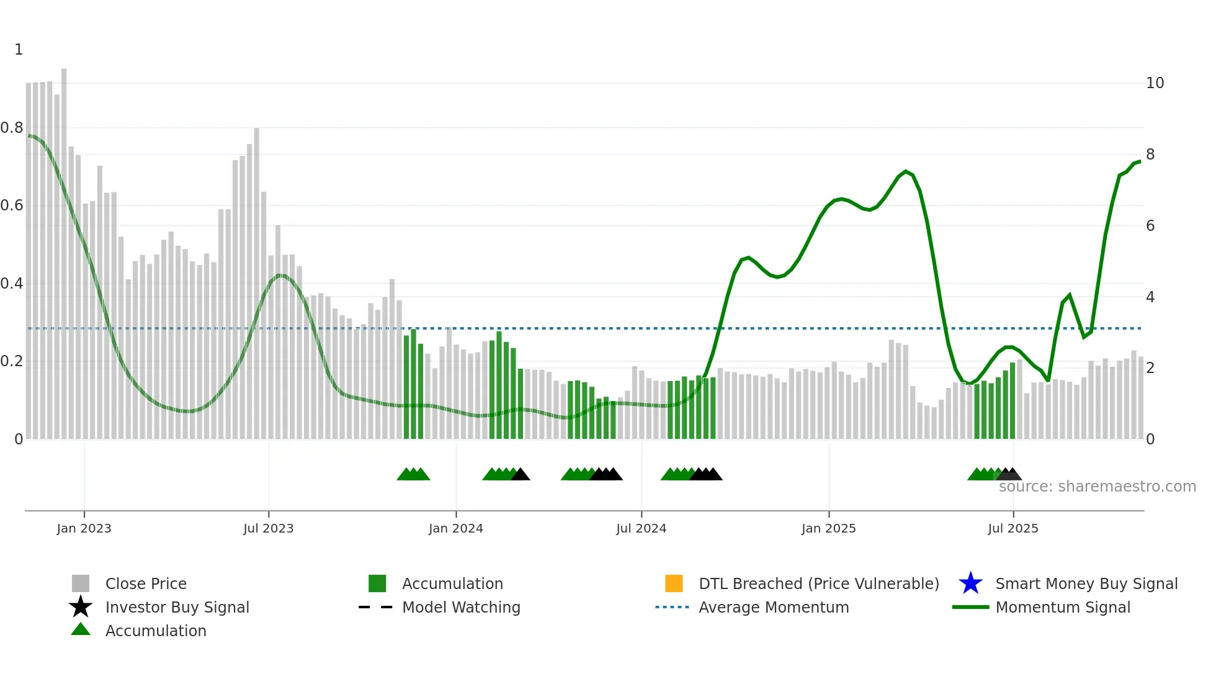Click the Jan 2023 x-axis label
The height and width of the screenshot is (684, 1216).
[x=84, y=528]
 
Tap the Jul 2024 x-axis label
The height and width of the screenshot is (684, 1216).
[x=641, y=528]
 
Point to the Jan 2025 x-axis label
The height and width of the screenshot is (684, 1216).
[x=828, y=528]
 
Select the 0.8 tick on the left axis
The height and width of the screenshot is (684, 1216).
[x=12, y=128]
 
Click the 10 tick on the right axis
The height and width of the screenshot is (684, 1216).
[x=1155, y=83]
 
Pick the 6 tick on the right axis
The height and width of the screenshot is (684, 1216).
[x=1150, y=226]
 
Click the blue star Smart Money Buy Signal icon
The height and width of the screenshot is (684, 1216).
[x=970, y=583]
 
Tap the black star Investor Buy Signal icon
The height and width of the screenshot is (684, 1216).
[x=81, y=607]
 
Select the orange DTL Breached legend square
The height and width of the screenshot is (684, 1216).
[x=674, y=583]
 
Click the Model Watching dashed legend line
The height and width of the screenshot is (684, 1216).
[x=375, y=607]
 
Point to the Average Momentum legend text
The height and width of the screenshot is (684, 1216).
[x=774, y=607]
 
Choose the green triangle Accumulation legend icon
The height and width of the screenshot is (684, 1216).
[x=81, y=629]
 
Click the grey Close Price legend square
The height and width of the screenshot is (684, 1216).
[x=81, y=583]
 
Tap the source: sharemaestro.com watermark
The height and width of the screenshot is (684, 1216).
[x=1097, y=487]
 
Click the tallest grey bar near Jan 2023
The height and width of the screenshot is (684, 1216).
[x=64, y=248]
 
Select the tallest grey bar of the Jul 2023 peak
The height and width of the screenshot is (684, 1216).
[x=256, y=279]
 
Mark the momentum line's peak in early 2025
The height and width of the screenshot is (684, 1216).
[x=906, y=171]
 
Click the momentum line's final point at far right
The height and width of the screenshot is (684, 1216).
[x=1140, y=161]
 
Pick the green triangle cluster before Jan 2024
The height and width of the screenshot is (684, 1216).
[x=413, y=474]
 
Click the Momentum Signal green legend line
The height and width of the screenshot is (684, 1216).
[x=970, y=607]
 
